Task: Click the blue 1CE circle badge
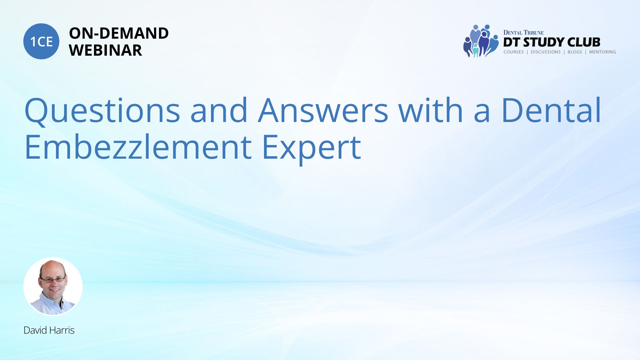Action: (41, 41)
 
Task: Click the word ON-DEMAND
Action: (119, 33)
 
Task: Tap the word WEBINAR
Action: (105, 50)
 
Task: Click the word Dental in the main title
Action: (551, 110)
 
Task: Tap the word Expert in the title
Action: (312, 148)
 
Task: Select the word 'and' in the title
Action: (219, 110)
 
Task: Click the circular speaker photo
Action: (53, 286)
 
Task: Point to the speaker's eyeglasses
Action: (53, 279)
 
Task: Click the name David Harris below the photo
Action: (49, 330)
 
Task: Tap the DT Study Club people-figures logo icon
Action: (480, 41)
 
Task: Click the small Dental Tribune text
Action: (523, 33)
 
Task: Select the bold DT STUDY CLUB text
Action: (552, 42)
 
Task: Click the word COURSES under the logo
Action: (514, 52)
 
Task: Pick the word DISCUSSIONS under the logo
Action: (546, 52)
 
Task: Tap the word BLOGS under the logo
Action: (575, 52)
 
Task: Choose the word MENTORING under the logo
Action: (602, 52)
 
